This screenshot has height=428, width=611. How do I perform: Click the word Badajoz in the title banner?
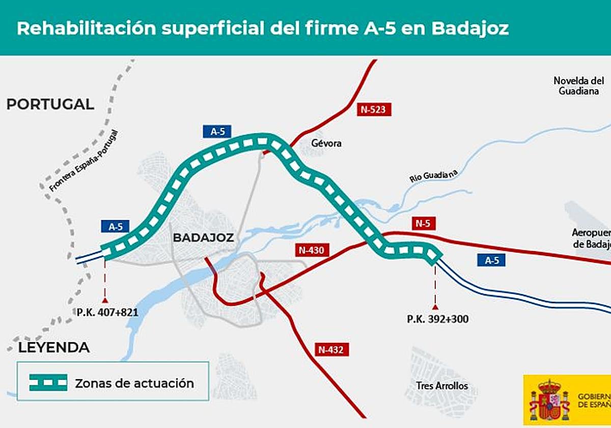tap(469, 28)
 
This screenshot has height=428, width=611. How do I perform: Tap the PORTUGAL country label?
tap(50, 104)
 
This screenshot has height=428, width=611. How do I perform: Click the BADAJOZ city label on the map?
tap(203, 237)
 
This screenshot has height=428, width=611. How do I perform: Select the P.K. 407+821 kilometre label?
tap(107, 312)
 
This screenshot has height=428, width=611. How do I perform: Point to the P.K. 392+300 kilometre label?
tap(437, 319)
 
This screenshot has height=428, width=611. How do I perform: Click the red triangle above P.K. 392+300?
tap(435, 307)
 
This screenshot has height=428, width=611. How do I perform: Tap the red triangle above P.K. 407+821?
tap(105, 300)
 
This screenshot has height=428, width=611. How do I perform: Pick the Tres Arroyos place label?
tap(441, 386)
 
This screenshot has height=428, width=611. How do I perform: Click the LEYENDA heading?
tap(54, 348)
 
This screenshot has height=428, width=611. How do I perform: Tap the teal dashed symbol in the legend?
tap(48, 383)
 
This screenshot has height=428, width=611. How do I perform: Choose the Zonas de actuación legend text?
tap(134, 383)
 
